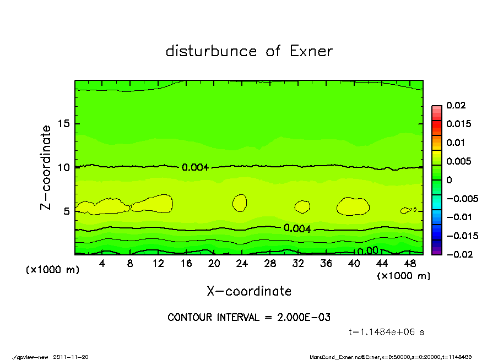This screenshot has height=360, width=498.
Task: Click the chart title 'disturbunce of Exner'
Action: point(249,51)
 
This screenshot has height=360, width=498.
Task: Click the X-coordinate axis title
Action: point(249,291)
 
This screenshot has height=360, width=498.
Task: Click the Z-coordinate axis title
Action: point(46,167)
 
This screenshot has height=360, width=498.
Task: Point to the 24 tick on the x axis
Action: point(242,264)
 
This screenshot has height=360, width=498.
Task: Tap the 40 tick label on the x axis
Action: point(354,264)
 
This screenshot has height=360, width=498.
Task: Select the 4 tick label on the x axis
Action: point(102,264)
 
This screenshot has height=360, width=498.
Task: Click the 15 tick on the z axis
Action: point(64,123)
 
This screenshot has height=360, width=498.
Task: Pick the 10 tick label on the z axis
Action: point(64,167)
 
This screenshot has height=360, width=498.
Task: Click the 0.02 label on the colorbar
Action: point(456,105)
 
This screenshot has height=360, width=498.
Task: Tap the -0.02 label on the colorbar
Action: point(458,254)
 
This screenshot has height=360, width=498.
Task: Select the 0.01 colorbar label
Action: point(456,143)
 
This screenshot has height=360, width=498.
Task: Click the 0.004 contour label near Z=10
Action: point(195,167)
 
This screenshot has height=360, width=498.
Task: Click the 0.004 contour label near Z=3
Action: point(297,228)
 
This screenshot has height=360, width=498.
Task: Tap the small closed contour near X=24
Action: point(240,203)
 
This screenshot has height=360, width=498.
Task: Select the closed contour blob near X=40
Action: point(353,206)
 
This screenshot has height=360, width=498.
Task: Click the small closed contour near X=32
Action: point(302,207)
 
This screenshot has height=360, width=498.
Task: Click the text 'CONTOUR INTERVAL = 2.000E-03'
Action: point(249,318)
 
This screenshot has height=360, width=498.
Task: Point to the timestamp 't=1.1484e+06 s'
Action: point(386,332)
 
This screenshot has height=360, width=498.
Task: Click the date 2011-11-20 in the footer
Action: point(71,357)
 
